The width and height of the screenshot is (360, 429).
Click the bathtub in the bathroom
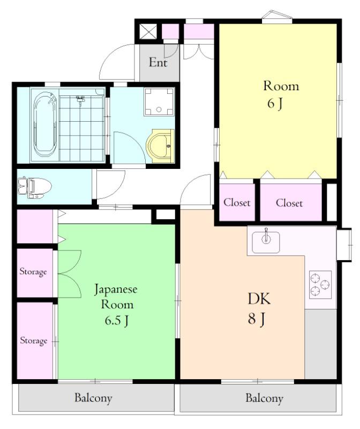(45, 125)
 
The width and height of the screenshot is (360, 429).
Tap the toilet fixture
(34, 187)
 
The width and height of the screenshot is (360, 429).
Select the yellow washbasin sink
(160, 146)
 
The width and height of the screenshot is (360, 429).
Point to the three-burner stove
(320, 285)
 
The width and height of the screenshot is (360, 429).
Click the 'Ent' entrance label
(158, 63)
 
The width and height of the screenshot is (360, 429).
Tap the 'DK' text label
(259, 299)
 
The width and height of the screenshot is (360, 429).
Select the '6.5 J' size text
(117, 320)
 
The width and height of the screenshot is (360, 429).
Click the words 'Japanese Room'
(116, 297)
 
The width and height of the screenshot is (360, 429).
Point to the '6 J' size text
(275, 103)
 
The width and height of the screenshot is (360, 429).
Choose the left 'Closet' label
(237, 203)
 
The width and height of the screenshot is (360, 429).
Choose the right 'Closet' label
(289, 203)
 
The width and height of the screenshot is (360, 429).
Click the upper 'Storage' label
(33, 272)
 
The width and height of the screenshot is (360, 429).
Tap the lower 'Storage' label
(34, 341)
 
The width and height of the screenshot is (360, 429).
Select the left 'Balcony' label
(93, 398)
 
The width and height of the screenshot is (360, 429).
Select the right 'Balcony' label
(264, 398)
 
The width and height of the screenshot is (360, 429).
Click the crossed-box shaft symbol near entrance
(148, 32)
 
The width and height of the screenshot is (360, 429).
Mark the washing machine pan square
(159, 102)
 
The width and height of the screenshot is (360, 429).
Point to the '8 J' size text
(256, 319)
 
